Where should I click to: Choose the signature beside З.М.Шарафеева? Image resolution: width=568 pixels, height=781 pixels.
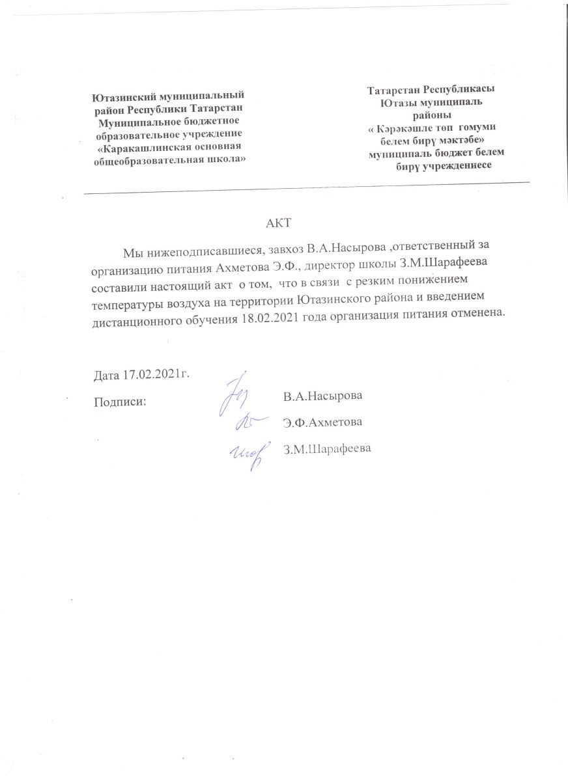[248, 452]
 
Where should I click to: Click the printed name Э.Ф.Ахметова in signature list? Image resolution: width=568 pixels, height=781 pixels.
[322, 422]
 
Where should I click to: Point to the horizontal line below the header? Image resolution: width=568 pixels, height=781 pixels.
[306, 188]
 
